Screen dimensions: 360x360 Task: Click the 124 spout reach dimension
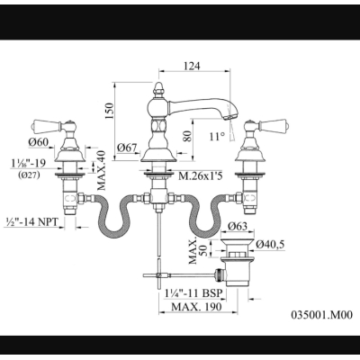(192, 66)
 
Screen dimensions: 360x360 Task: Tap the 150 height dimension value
(109, 111)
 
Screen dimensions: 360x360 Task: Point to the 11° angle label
(217, 137)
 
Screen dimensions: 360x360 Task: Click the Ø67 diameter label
(127, 148)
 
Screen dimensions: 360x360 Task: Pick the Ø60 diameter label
(39, 142)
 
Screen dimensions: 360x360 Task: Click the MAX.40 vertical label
(102, 170)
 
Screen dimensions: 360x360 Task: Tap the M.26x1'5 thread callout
(201, 176)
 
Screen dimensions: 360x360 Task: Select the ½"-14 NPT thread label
(31, 221)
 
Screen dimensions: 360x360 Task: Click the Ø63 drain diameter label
(238, 226)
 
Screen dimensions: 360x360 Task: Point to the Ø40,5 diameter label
(270, 245)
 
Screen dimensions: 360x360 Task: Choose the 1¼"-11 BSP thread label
(195, 293)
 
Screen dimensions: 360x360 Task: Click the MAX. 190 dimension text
(197, 307)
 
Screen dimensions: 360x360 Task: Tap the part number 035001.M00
(322, 315)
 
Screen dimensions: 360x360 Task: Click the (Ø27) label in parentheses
(28, 175)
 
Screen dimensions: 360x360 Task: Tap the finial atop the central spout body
(157, 89)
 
